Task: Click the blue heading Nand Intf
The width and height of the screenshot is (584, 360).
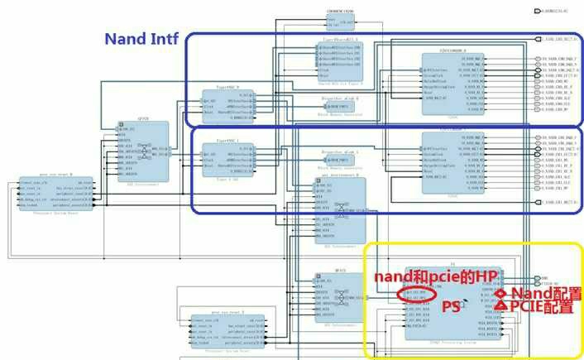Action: (143, 39)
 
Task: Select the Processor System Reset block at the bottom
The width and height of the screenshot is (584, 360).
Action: (226, 328)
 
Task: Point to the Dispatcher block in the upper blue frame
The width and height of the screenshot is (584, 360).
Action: (340, 103)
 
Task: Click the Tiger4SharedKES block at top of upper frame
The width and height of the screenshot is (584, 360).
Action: (340, 59)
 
